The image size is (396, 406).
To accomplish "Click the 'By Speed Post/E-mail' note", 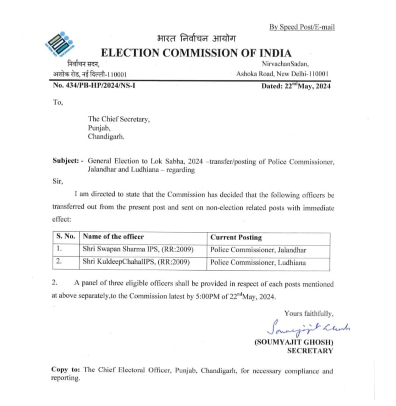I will pyautogui.click(x=302, y=27).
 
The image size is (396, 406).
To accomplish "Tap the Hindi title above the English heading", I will pyautogui.click(x=196, y=39).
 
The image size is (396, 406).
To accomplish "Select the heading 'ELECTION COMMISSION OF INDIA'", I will pyautogui.click(x=196, y=53).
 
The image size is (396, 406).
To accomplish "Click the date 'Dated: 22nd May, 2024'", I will pyautogui.click(x=296, y=86).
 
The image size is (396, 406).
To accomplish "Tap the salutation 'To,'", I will pyautogui.click(x=58, y=102).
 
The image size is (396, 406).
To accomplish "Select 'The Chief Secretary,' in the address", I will pyautogui.click(x=119, y=119).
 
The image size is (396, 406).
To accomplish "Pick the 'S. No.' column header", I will pyautogui.click(x=66, y=237).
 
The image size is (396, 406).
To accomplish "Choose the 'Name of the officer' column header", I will pyautogui.click(x=113, y=237).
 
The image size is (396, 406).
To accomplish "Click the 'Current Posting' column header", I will pyautogui.click(x=236, y=237).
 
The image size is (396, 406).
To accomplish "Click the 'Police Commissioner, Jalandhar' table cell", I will pyautogui.click(x=258, y=250).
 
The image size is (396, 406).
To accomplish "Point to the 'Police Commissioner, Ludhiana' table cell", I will pyautogui.click(x=258, y=262).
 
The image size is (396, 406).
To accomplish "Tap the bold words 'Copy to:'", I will pyautogui.click(x=66, y=370).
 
